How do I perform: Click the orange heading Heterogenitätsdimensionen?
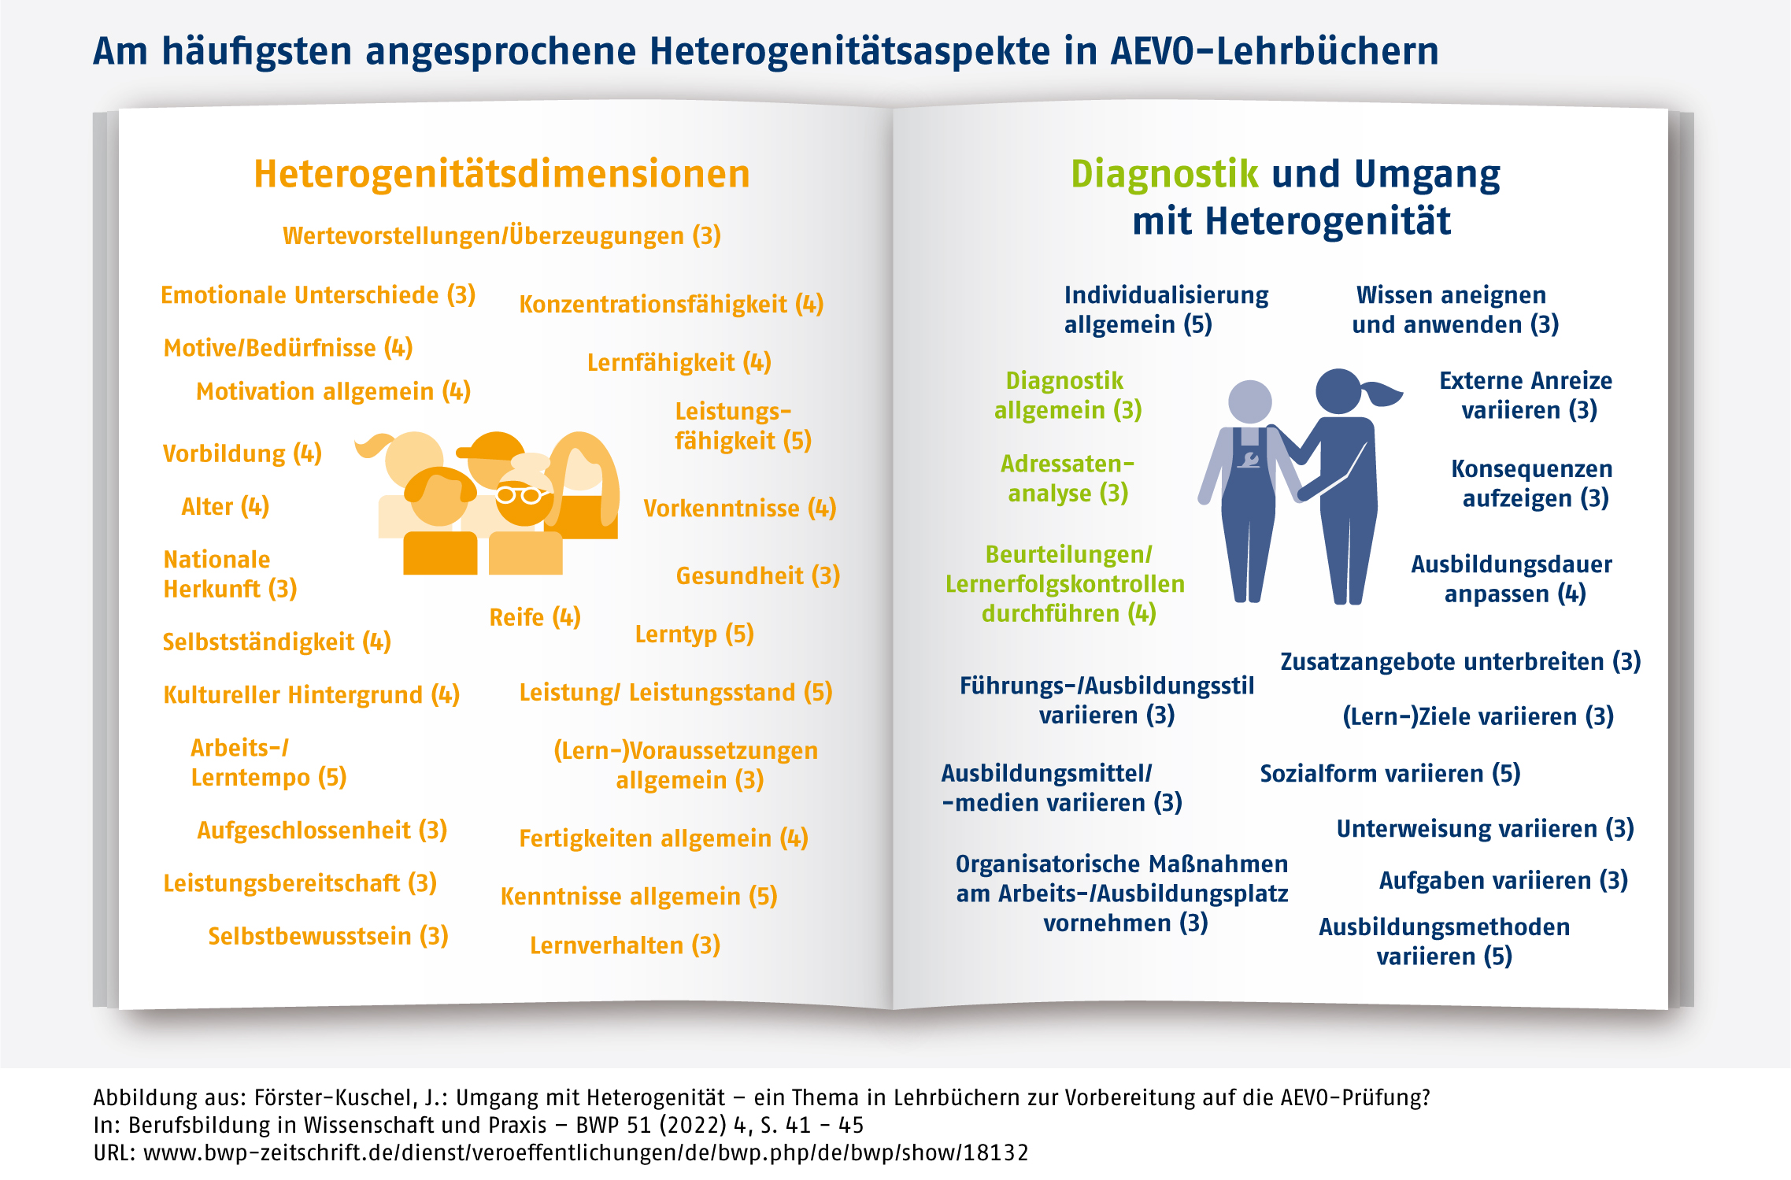[x=501, y=174]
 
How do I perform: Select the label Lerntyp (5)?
[x=694, y=634]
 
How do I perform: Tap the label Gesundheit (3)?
[x=757, y=575]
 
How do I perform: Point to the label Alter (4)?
[x=225, y=506]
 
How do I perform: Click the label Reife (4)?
[x=535, y=617]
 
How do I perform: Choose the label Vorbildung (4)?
[x=242, y=453]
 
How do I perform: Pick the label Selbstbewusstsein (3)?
[x=327, y=936]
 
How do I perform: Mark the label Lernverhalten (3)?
[x=625, y=945]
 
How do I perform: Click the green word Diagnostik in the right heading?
[x=1164, y=174]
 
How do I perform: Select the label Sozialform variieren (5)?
[x=1390, y=773]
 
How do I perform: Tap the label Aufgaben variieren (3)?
[x=1503, y=880]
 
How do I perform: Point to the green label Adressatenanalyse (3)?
[x=1068, y=479]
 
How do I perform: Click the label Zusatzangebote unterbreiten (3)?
[x=1460, y=661]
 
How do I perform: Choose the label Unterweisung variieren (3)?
[x=1485, y=828]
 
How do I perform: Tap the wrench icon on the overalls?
[x=1249, y=459]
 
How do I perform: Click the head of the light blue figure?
[x=1249, y=401]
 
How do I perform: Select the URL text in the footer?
[x=561, y=1152]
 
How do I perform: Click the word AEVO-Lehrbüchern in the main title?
[x=1275, y=51]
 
